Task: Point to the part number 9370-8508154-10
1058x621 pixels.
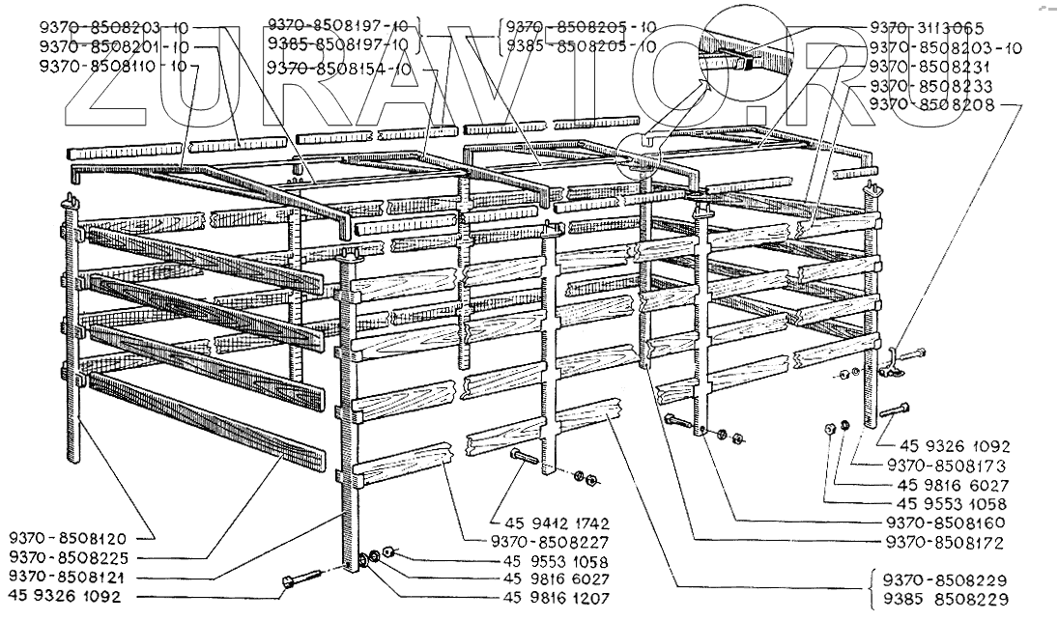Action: pos(340,69)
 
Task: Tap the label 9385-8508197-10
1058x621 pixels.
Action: pos(340,45)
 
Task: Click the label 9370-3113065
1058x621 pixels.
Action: pos(926,28)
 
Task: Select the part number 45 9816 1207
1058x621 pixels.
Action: pos(556,599)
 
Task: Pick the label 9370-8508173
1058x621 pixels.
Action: pos(949,466)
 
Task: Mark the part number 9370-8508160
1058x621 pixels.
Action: pos(949,523)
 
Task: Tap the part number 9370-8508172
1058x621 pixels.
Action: pos(949,543)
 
